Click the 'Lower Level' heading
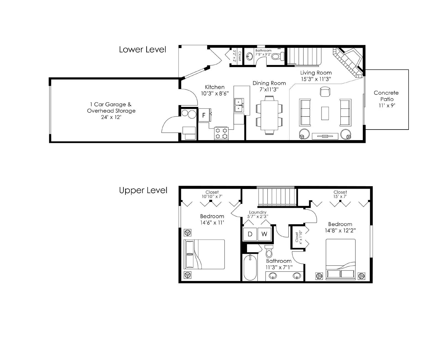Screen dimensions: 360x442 click(143, 49)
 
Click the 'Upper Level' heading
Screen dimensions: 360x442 click(143, 190)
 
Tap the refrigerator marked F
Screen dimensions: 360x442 click(204, 115)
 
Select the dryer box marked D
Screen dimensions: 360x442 click(250, 234)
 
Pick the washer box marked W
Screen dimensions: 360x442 click(264, 234)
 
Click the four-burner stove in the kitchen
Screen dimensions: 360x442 click(221, 133)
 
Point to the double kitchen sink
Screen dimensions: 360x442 click(239, 105)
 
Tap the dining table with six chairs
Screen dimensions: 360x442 click(269, 115)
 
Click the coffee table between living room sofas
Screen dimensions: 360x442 click(325, 113)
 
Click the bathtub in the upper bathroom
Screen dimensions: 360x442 click(250, 267)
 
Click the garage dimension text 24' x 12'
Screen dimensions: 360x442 click(111, 117)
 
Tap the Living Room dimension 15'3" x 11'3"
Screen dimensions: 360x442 click(316, 79)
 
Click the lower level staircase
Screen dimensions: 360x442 click(304, 56)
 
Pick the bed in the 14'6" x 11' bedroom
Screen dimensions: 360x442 click(204, 254)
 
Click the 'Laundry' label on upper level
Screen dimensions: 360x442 click(257, 212)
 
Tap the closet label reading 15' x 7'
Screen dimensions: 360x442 click(340, 197)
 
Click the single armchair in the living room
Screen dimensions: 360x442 click(325, 92)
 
